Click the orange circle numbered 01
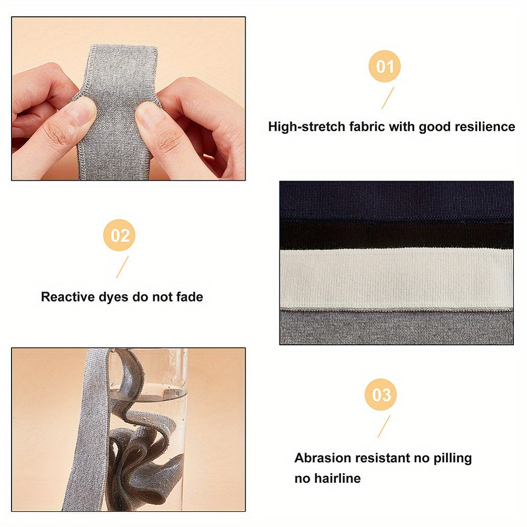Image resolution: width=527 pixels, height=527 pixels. point(385,66)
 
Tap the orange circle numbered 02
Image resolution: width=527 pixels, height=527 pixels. point(119,235)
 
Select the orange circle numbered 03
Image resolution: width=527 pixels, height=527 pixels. point(381,395)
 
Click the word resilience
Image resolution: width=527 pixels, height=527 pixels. point(485,126)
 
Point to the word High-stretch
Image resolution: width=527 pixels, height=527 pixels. point(307,126)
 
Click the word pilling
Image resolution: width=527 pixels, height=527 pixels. point(453,458)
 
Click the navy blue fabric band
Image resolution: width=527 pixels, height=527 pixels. point(396,201)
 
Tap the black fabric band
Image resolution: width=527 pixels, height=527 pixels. point(396,235)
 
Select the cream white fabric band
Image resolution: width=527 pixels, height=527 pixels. point(396,278)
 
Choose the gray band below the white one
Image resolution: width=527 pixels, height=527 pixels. point(396,327)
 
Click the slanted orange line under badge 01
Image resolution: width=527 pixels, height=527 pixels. point(387,98)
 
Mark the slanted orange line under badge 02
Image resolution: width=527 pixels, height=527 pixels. point(122,267)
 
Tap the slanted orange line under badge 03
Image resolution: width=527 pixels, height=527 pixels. point(384,426)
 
